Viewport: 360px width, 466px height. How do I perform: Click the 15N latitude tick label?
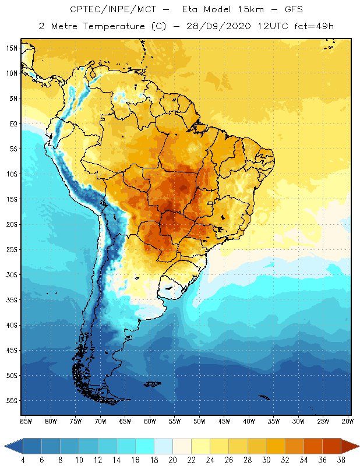[x=12, y=48]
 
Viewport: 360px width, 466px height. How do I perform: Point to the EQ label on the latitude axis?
[x=12, y=123]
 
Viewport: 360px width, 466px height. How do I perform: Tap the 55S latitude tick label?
[x=12, y=401]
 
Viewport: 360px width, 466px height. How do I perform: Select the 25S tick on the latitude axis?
[x=12, y=249]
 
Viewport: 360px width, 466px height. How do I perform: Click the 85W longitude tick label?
[x=26, y=421]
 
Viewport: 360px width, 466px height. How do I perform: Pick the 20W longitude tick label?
[x=348, y=421]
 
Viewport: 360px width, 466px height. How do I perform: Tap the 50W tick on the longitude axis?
[x=199, y=421]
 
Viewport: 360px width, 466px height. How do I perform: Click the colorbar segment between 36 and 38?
[x=332, y=446]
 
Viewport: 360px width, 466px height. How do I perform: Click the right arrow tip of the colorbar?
[x=358, y=446]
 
